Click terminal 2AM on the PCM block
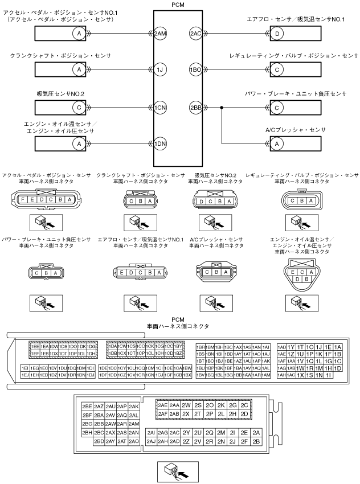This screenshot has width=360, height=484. pos(160,34)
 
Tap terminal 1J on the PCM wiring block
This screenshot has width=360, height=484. pos(160,70)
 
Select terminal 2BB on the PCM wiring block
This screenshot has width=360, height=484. pos(195,107)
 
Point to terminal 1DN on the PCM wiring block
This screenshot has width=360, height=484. pos(160,143)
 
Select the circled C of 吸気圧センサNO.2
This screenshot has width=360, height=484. pos(78,107)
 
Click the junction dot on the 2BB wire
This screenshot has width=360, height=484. pos(222,107)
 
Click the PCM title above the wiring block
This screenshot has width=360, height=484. pos(177,4)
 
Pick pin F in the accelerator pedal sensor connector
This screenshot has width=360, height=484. pos(22,200)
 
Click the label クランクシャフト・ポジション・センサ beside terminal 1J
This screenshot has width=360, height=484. pos(60,56)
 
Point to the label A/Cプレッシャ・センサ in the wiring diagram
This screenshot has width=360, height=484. pos(296,130)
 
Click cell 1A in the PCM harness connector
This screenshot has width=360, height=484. pos(338,347)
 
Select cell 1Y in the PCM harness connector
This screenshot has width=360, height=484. pos(291,347)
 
